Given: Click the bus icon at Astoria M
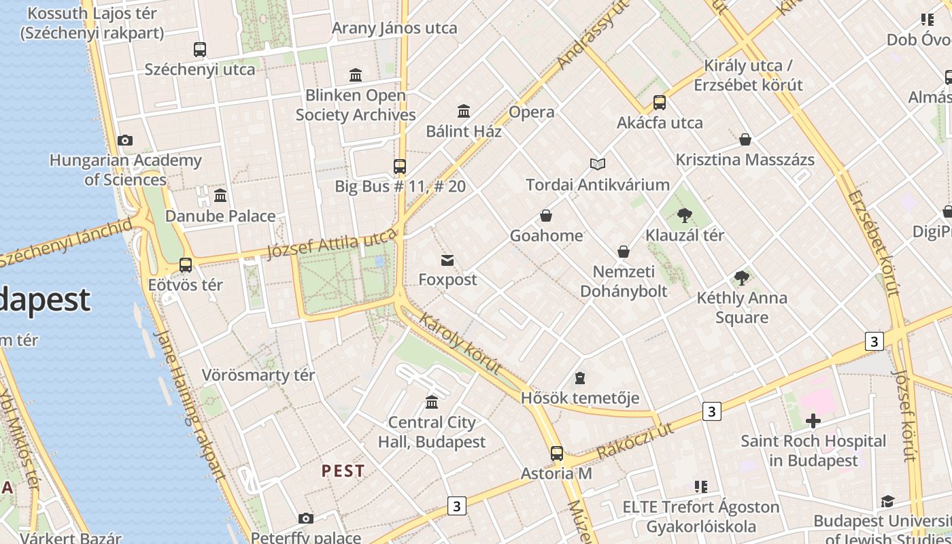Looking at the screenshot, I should [x=556, y=454].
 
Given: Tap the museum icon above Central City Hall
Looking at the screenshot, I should [x=432, y=402].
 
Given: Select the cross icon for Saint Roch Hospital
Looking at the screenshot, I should [x=813, y=421].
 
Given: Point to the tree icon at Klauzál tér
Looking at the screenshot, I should [x=685, y=216].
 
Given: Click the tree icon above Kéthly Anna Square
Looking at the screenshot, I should [x=742, y=278].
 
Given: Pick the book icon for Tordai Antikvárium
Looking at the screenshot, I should [x=598, y=165].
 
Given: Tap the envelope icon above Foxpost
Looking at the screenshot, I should [x=447, y=260].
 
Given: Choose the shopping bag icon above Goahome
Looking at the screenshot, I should [x=545, y=216].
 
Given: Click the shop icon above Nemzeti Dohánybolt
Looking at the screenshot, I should [x=623, y=252].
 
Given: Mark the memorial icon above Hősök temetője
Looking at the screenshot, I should [x=580, y=378].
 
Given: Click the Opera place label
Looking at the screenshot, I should [x=532, y=112].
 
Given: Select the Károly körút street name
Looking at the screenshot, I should [x=460, y=343].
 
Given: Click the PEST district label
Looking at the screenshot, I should [x=343, y=471].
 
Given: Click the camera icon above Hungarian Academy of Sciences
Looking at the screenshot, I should [x=125, y=141].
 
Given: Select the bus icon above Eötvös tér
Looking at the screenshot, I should [x=186, y=265].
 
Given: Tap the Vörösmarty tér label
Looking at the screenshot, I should [x=258, y=375].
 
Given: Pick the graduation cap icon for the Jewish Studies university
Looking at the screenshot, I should [x=887, y=502].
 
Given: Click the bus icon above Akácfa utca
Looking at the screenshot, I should [x=659, y=103].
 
